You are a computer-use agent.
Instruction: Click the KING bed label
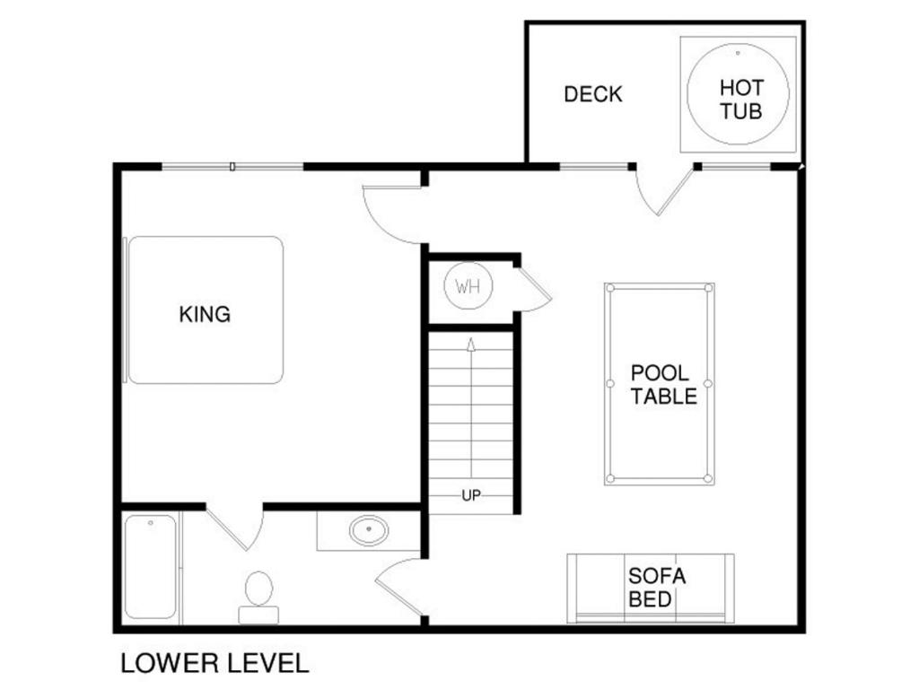205,315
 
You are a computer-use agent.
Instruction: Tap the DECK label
592,94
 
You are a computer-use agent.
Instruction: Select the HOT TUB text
741,100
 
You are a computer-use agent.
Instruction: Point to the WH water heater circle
468,286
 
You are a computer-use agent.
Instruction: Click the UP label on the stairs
471,495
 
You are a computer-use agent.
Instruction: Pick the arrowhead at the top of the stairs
470,344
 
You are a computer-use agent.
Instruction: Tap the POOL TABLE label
663,385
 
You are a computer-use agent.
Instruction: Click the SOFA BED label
656,588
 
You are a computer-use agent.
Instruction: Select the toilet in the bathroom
258,597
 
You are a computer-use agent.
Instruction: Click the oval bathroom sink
369,530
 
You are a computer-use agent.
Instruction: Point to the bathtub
151,567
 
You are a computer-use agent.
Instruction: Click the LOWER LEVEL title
214,663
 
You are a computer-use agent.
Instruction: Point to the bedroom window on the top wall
232,167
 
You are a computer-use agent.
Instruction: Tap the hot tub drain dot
738,53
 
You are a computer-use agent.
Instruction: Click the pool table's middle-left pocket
610,384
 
